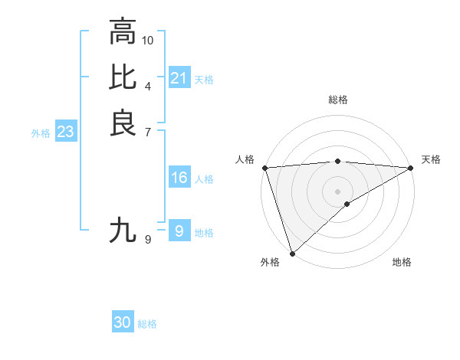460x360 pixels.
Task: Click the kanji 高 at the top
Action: [122, 33]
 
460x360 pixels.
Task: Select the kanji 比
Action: [122, 77]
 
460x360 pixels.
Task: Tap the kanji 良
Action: [122, 123]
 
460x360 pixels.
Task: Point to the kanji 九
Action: [122, 230]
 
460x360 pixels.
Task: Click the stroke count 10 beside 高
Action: [148, 40]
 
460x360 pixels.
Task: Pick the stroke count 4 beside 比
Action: [148, 85]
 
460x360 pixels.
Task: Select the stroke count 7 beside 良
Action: [148, 131]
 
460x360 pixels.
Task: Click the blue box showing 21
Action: [179, 78]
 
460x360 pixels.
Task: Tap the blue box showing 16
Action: [179, 178]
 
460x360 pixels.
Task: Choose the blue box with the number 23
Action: [65, 132]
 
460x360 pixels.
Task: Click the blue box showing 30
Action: [123, 323]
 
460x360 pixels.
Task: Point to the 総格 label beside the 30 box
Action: [147, 324]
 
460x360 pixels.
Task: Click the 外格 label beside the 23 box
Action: [41, 133]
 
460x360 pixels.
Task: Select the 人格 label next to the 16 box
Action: [204, 179]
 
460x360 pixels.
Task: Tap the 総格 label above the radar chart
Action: [337, 100]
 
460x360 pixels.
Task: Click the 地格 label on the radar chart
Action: [402, 262]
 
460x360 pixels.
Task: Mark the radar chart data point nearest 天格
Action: [411, 168]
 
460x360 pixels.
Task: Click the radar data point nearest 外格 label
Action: [292, 253]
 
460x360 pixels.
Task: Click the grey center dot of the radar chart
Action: [337, 191]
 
